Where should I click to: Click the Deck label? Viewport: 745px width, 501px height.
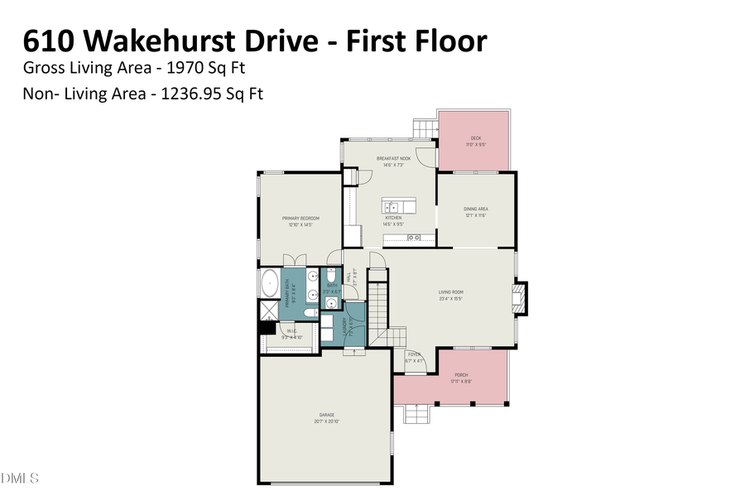(476, 138)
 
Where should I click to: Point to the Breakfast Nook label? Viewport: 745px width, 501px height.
(394, 159)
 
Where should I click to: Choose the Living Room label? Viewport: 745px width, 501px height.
(450, 291)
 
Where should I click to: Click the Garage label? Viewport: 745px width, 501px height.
(326, 415)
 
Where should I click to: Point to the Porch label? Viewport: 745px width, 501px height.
(460, 375)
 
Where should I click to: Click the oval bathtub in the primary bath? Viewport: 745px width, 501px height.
(270, 284)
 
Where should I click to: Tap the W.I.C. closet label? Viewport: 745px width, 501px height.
(291, 332)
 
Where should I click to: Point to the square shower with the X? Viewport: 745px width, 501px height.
(270, 311)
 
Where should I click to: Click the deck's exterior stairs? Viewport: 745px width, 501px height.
(425, 129)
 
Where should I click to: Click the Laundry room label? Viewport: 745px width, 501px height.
(344, 329)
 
